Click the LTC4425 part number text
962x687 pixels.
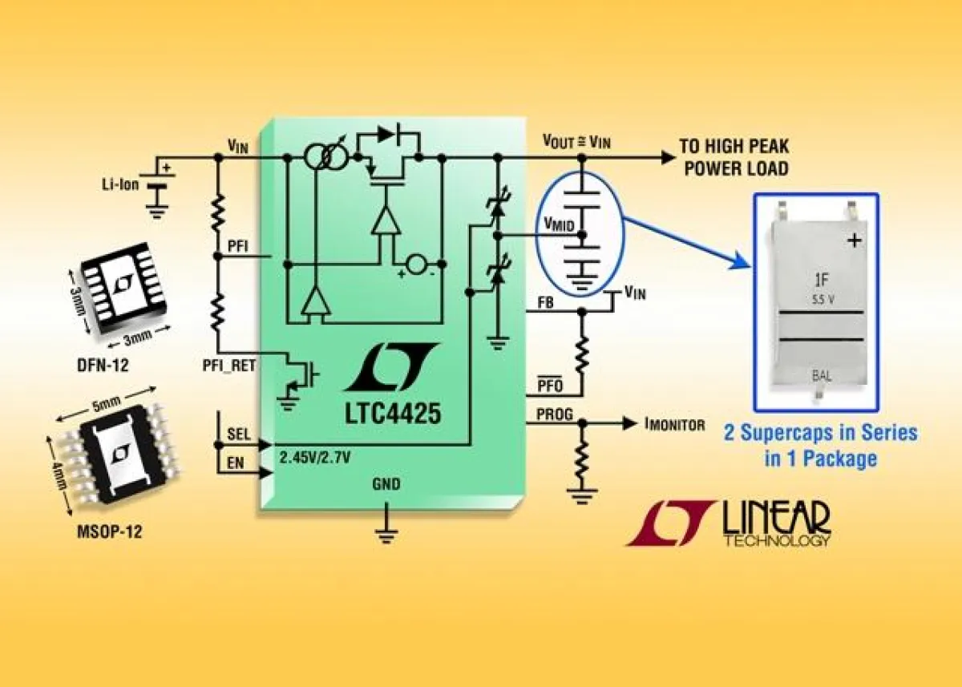click(393, 416)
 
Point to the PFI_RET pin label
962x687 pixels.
click(224, 370)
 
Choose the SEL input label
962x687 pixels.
click(238, 434)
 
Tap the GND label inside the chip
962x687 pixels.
click(386, 484)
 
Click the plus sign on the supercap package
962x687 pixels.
click(855, 239)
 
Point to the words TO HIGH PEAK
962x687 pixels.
click(734, 146)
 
